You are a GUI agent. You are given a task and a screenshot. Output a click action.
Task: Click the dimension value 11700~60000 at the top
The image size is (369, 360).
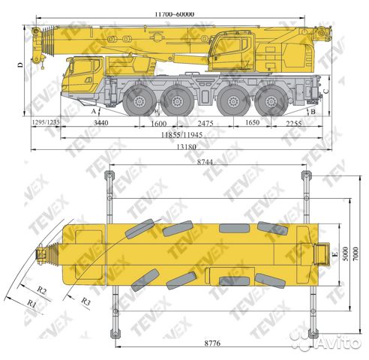[x=174, y=14]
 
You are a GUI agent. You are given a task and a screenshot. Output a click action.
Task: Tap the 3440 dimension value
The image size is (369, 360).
[x=101, y=122]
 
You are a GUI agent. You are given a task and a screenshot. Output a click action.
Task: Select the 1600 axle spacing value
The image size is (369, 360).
[x=159, y=124]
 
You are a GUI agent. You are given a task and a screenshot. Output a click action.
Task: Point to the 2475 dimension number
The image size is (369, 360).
[x=205, y=123]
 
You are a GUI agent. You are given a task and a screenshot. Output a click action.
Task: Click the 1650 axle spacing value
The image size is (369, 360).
[x=252, y=122]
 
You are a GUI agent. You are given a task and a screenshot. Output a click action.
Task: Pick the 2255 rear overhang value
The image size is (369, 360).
[x=294, y=123]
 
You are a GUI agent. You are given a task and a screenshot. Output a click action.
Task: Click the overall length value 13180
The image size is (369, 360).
[x=186, y=147]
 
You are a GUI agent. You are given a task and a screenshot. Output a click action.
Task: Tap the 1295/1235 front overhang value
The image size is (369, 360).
[x=46, y=122]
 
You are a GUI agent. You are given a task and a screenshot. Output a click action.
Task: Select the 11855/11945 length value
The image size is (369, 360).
[x=181, y=135]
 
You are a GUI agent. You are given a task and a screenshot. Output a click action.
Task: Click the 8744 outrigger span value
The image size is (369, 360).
[x=205, y=162]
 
